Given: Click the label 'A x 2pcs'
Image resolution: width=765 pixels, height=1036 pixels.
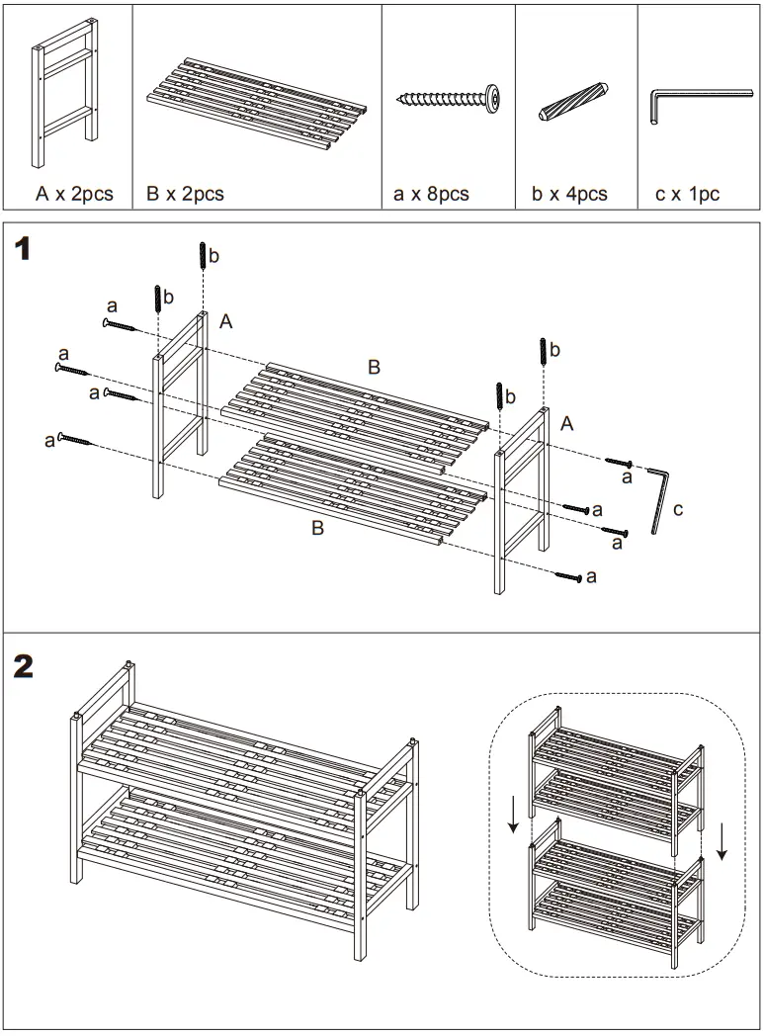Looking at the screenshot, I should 74,194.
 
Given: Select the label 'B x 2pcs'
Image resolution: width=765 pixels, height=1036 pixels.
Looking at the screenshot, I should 185,194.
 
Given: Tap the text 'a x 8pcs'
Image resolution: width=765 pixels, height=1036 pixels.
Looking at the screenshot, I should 431,194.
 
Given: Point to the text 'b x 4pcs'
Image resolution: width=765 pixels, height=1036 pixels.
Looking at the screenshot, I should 569,194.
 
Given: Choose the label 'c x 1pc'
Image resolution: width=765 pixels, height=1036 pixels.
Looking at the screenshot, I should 687,194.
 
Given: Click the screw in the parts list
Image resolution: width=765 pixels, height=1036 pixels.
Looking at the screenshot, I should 449,98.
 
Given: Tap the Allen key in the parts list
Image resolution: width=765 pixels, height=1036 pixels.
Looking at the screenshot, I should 697,103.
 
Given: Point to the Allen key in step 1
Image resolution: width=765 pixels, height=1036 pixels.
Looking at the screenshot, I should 659,500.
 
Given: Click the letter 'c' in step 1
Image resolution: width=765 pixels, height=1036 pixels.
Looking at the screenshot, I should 677,510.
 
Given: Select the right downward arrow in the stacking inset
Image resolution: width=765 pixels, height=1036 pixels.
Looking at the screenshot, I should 722,841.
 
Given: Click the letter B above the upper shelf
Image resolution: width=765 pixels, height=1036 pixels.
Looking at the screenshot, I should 374,368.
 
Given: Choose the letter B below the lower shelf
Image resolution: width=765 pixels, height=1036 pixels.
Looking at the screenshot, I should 317,529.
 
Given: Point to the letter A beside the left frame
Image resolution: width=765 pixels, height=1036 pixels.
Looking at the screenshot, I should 226,321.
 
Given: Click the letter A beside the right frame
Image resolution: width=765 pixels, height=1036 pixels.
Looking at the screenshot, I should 566,423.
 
